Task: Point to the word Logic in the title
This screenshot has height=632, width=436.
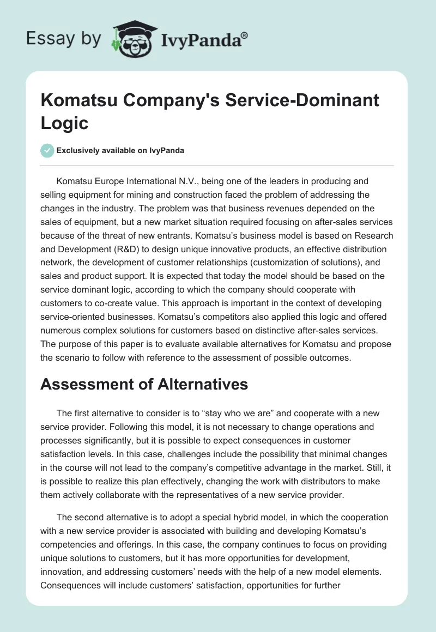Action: tap(64, 123)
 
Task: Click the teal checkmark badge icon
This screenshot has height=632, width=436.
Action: tap(48, 150)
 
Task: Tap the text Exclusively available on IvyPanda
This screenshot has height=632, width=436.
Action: tap(120, 150)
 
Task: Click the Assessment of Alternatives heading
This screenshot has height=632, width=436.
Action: tap(144, 384)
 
